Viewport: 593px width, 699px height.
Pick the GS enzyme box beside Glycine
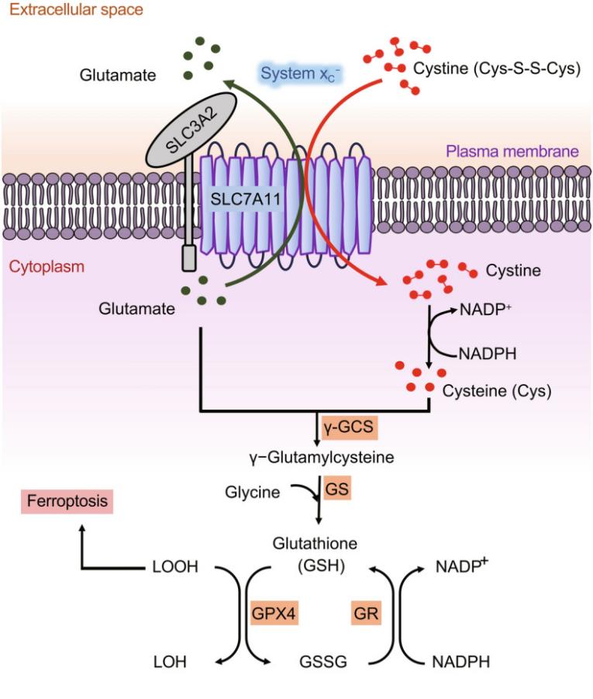(336, 490)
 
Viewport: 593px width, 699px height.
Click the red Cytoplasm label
(46, 268)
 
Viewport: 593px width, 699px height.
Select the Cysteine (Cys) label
(496, 391)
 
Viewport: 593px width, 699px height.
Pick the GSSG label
(322, 662)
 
